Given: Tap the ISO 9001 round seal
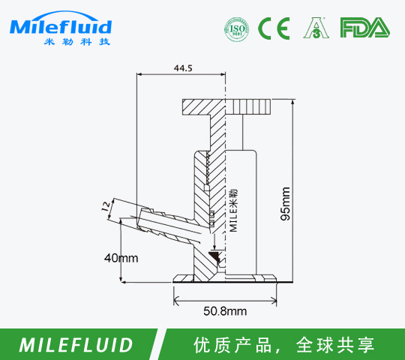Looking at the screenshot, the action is click(237, 28).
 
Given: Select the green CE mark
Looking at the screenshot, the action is click(274, 28).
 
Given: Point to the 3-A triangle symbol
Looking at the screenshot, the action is click(316, 28).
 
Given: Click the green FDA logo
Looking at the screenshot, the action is click(365, 27).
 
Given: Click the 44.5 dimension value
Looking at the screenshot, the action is click(183, 68).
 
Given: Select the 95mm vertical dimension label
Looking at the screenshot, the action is click(285, 204).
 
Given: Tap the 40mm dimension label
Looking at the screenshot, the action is click(121, 258).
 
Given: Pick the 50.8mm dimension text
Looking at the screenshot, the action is click(225, 311).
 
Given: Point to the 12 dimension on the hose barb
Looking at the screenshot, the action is click(106, 206).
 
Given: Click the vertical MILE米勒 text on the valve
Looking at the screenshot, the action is click(233, 211).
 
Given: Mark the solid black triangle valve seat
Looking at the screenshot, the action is click(214, 256).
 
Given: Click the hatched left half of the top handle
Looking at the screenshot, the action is click(204, 107).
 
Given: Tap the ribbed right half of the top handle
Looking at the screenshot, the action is click(248, 107).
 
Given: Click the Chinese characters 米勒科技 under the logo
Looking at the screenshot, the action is click(77, 41).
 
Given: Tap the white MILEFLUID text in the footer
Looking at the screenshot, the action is click(76, 345).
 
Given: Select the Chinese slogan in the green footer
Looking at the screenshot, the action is click(283, 345).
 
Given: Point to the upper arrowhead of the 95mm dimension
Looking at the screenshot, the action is click(292, 103).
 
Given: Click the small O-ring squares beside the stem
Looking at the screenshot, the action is click(211, 217).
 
